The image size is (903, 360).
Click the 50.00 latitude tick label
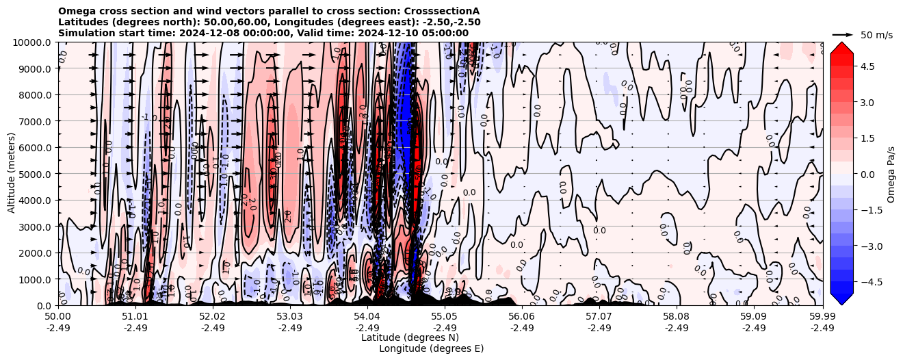tap(58, 317)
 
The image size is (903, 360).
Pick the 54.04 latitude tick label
tap(367, 317)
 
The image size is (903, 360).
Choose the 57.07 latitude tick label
tap(599, 317)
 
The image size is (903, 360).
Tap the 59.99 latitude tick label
tap(822, 317)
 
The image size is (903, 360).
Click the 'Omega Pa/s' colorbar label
tap(891, 174)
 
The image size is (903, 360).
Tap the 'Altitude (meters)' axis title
tap(12, 174)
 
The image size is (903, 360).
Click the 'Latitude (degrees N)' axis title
tap(410, 337)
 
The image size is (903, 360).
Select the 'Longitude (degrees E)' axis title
tap(432, 348)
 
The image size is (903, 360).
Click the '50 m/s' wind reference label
tap(876, 35)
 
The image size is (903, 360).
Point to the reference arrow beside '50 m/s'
tap(843, 34)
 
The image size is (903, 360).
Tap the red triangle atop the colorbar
tap(841, 47)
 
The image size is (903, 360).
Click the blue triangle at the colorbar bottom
tap(841, 299)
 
